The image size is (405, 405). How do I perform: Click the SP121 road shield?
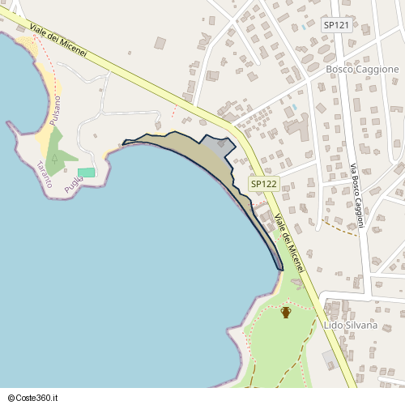336,25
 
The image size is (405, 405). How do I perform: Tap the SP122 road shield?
263,184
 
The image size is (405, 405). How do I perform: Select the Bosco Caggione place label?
362,70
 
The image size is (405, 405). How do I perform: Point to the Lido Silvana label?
350,325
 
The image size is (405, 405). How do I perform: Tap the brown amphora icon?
285,312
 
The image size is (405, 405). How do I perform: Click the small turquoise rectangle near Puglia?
87,172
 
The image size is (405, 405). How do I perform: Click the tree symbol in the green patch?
53,157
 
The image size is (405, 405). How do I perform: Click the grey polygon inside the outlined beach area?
216,147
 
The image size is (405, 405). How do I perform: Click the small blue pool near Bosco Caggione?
295,105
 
